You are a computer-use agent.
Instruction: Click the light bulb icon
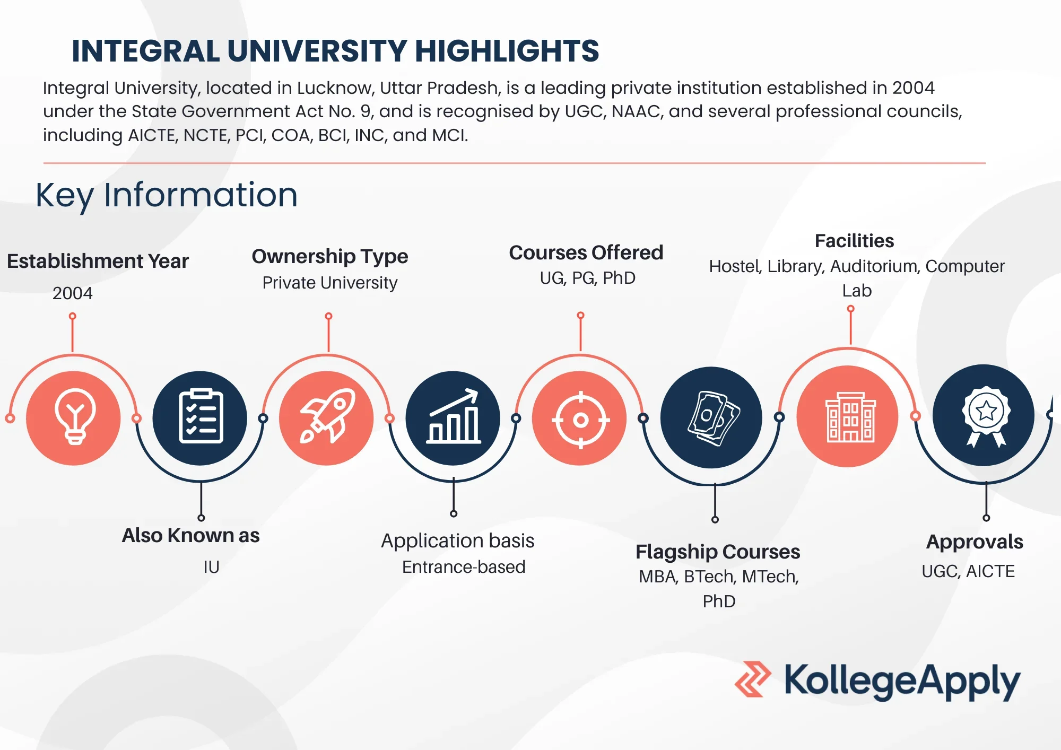click(x=75, y=416)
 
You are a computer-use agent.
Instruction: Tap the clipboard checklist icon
click(x=201, y=416)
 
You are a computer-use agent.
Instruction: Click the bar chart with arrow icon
click(x=454, y=416)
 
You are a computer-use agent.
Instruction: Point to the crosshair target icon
click(x=580, y=420)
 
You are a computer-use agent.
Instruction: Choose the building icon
click(x=850, y=417)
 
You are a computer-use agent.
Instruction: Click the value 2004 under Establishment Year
click(x=72, y=293)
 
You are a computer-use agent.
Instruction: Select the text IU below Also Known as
click(x=211, y=567)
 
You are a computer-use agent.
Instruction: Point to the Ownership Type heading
click(x=330, y=257)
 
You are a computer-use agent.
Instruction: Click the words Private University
click(x=330, y=283)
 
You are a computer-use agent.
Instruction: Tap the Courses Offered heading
click(x=586, y=252)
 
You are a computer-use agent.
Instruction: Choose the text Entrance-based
click(x=464, y=567)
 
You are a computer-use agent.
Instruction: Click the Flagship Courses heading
click(x=718, y=552)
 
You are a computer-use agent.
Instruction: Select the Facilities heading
click(x=854, y=241)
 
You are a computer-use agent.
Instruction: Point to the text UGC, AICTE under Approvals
click(x=968, y=571)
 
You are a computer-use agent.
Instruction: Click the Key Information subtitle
click(x=167, y=195)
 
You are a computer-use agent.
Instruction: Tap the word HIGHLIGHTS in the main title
click(x=507, y=51)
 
